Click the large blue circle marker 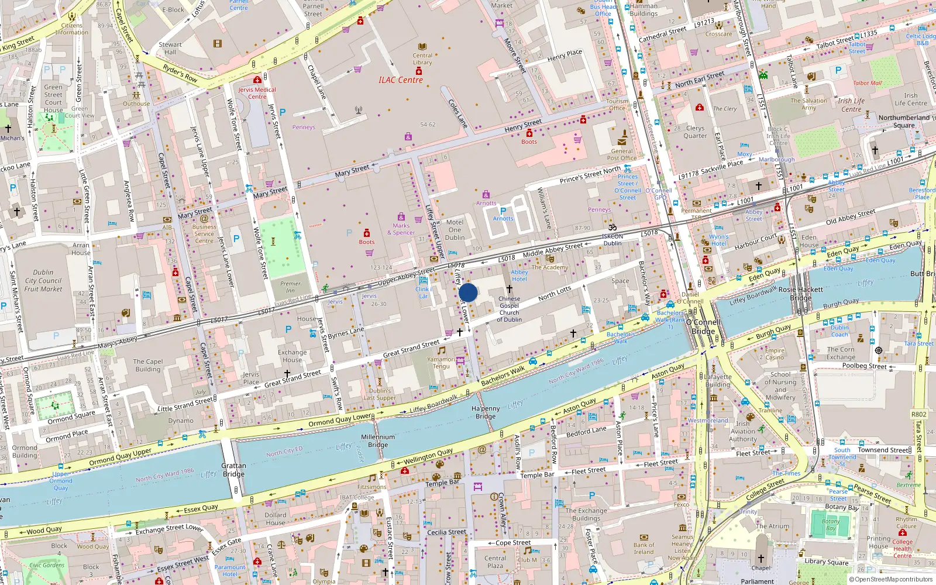pyautogui.click(x=468, y=292)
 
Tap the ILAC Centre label pyautogui.click(x=400, y=80)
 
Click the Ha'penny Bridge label pyautogui.click(x=486, y=412)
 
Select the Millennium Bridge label pyautogui.click(x=378, y=441)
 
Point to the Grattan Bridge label pyautogui.click(x=233, y=470)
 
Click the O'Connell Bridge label pyautogui.click(x=703, y=326)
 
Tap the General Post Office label pyautogui.click(x=622, y=154)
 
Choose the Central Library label pyautogui.click(x=422, y=59)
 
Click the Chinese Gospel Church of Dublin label pyautogui.click(x=509, y=309)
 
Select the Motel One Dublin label pyautogui.click(x=455, y=230)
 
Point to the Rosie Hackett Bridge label pyautogui.click(x=800, y=293)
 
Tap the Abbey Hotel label pyautogui.click(x=519, y=276)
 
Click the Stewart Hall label pyautogui.click(x=170, y=48)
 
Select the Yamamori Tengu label pyautogui.click(x=441, y=363)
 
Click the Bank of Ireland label pyautogui.click(x=643, y=548)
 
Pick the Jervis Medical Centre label pyautogui.click(x=257, y=93)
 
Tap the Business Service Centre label pyautogui.click(x=204, y=233)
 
